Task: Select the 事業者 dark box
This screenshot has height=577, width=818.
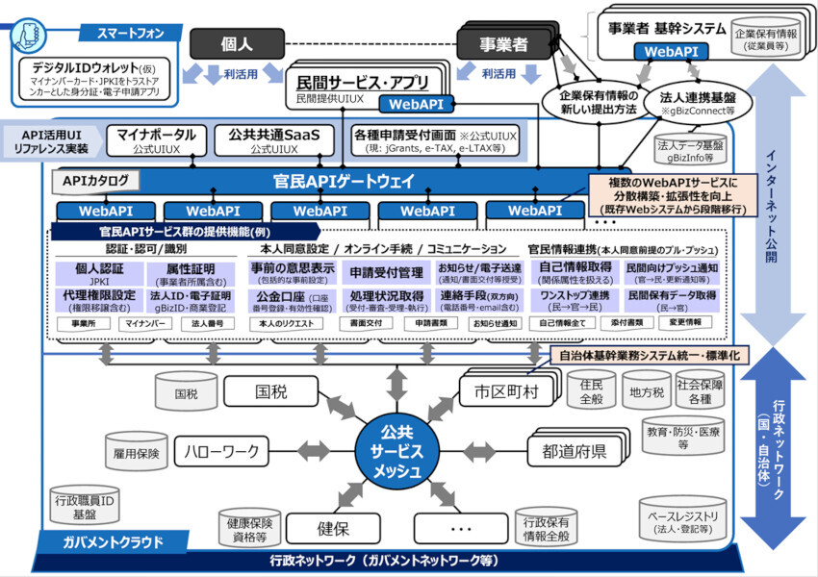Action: tap(505, 43)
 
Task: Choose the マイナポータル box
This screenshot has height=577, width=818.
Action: tap(156, 140)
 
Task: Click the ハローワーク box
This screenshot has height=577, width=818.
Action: tap(226, 449)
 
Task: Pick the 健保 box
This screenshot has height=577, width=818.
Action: tap(332, 528)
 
